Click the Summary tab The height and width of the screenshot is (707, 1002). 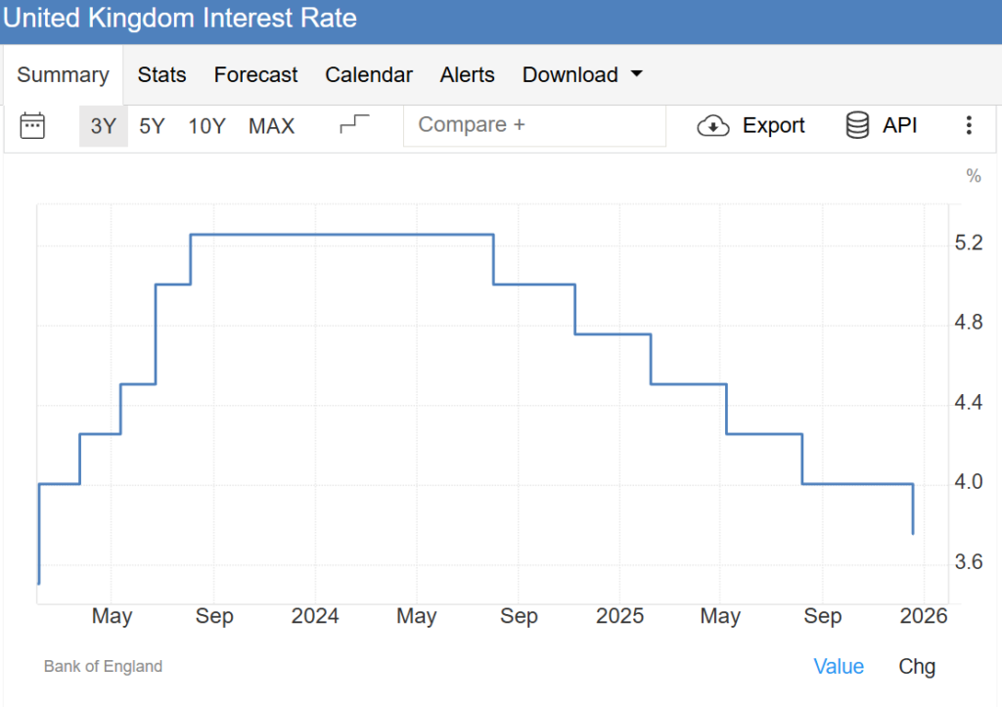(63, 75)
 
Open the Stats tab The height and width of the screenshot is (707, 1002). (161, 75)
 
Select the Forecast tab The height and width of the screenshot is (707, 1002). (256, 75)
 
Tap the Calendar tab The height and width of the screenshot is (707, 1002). (369, 75)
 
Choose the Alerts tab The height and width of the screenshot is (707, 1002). (468, 75)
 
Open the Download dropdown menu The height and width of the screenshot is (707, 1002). (582, 75)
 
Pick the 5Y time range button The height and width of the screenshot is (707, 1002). (152, 126)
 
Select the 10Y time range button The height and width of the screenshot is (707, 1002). (206, 126)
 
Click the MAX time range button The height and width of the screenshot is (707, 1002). (271, 126)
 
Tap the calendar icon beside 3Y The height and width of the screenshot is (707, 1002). (33, 126)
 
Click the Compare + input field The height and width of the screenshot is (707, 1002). (533, 125)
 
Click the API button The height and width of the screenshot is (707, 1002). (882, 125)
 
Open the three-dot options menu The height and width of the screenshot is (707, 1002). (969, 125)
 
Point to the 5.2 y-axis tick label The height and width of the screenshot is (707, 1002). (968, 243)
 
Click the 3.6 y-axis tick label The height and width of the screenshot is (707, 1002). (968, 562)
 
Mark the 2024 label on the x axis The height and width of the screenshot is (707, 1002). (315, 616)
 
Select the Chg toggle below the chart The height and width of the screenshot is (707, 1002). (917, 667)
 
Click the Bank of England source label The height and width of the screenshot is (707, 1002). (103, 667)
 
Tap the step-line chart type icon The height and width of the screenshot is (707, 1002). (355, 125)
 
